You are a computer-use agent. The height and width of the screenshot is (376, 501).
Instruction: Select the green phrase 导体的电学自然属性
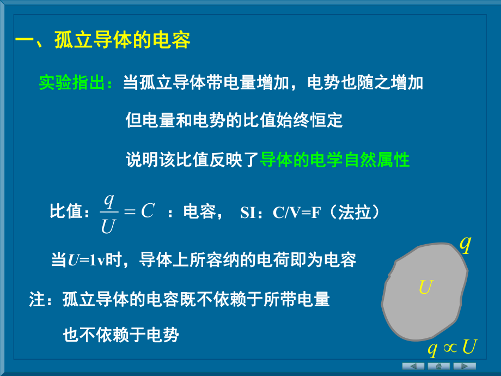click(335, 160)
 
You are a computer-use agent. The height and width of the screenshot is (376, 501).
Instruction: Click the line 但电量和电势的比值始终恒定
click(234, 120)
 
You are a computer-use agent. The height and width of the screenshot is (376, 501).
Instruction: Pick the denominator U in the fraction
click(108, 225)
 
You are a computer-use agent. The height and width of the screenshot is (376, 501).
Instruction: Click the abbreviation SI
click(248, 213)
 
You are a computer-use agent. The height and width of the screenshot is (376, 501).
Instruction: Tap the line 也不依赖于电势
click(121, 335)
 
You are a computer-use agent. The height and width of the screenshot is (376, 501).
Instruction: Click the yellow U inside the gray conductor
click(425, 287)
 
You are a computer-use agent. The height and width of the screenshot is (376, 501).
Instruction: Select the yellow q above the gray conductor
click(465, 244)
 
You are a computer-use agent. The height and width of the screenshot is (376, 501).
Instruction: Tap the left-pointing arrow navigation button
click(413, 366)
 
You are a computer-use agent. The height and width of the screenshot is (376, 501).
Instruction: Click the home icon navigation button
click(439, 366)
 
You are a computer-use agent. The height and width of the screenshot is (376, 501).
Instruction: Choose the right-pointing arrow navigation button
click(465, 366)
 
